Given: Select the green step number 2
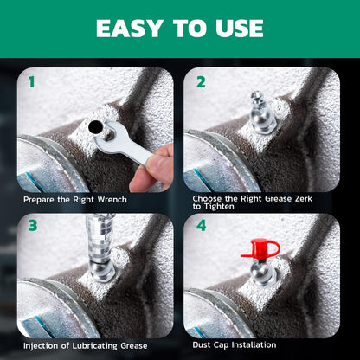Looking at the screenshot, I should tap(201, 83).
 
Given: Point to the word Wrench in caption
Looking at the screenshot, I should tap(111, 200).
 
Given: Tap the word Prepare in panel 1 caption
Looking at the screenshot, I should tap(39, 200).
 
